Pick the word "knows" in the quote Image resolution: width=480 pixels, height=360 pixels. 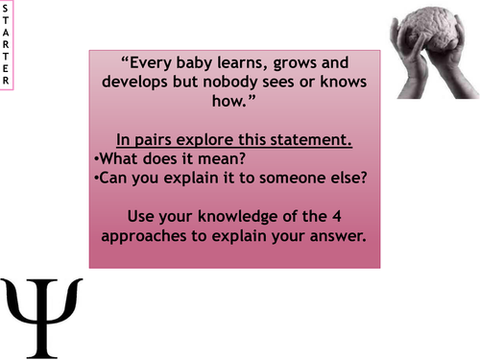336,79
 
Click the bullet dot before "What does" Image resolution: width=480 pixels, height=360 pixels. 97,157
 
